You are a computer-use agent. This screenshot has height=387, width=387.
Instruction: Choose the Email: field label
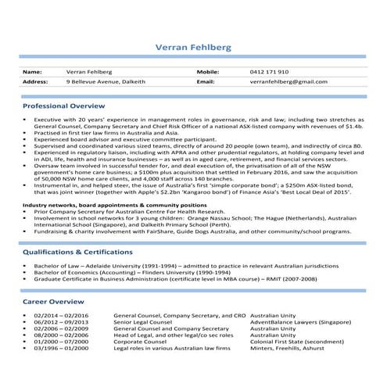tap(206, 81)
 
